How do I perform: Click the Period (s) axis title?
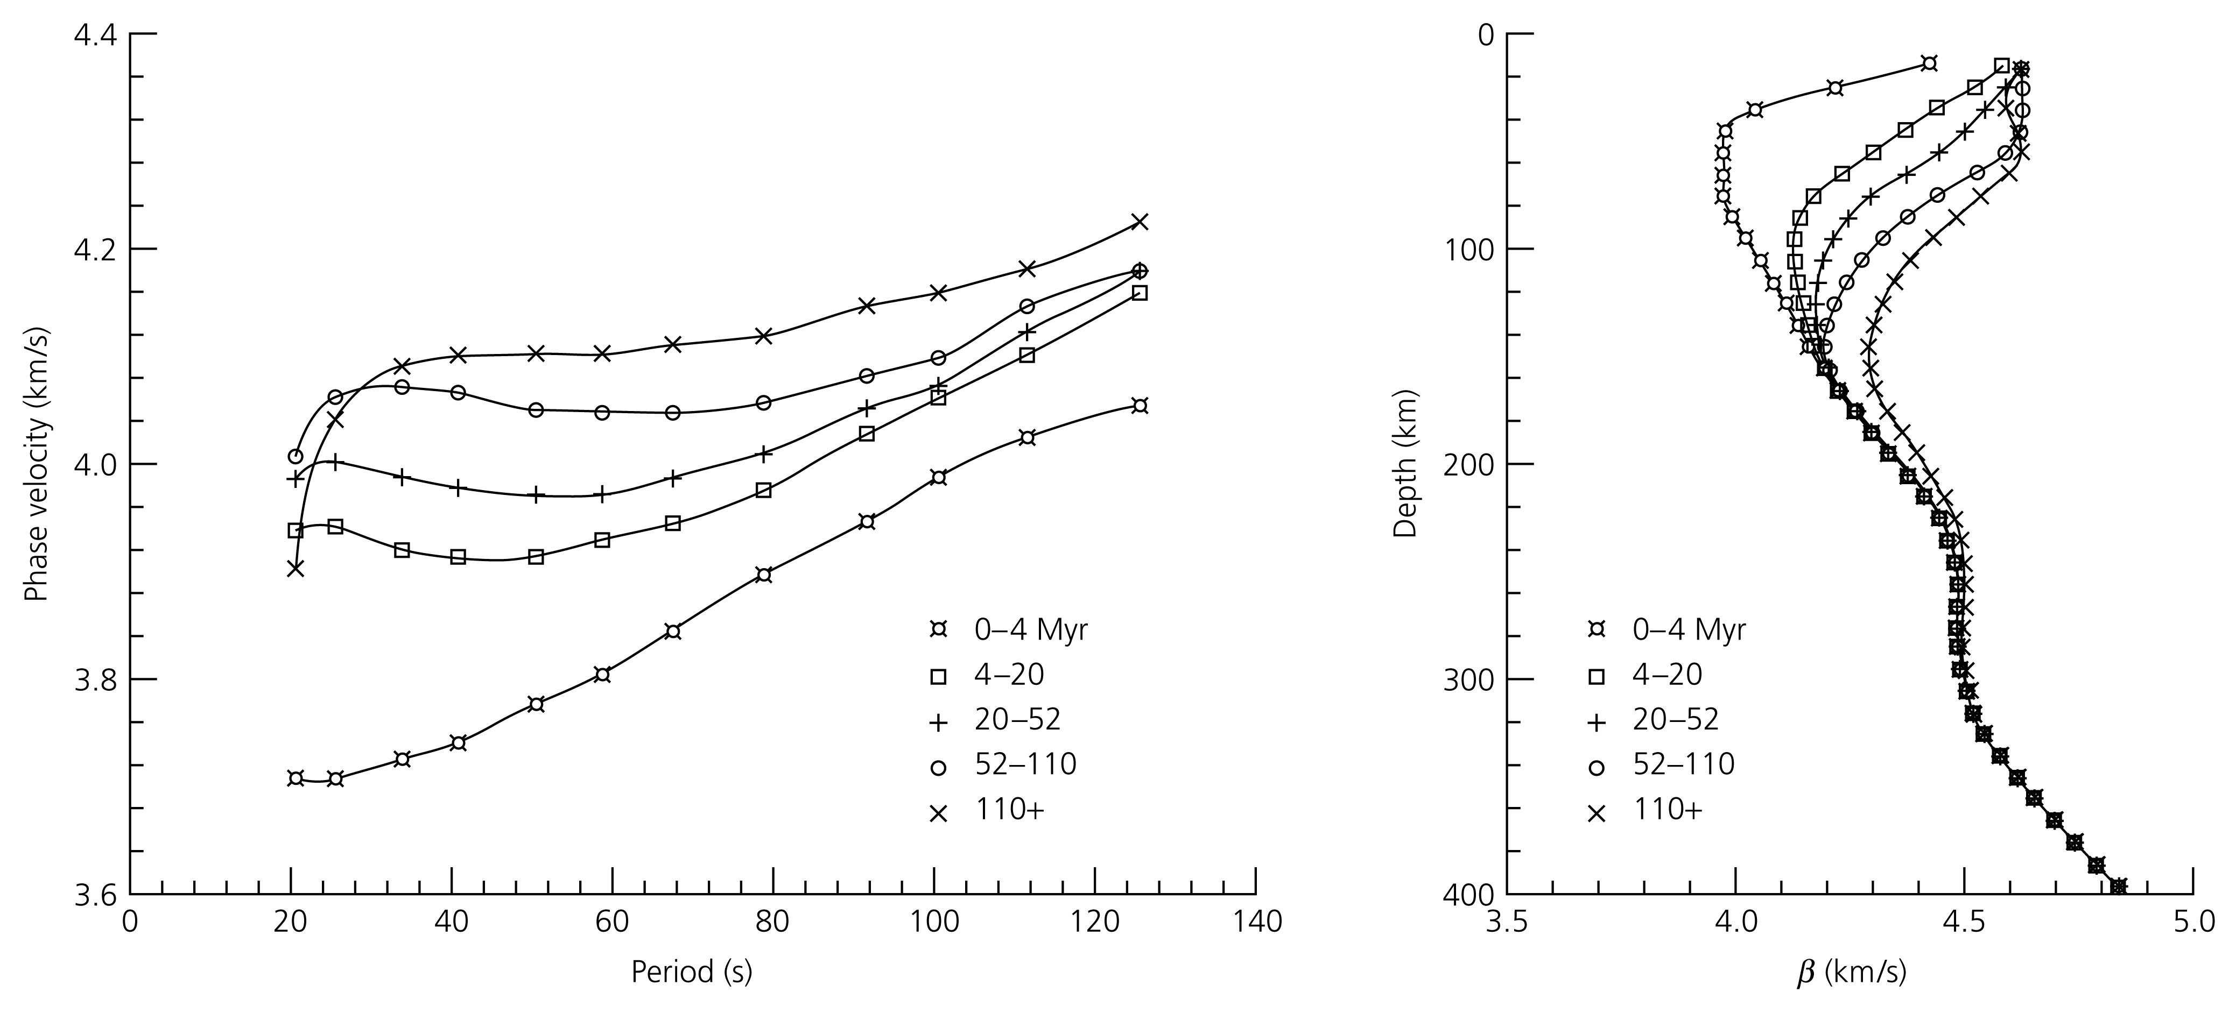tap(691, 972)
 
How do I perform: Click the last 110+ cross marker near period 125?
tap(1140, 222)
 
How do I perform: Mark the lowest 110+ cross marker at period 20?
tap(296, 568)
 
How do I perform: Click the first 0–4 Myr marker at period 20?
tap(296, 778)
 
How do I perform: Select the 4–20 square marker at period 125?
tap(1140, 293)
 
